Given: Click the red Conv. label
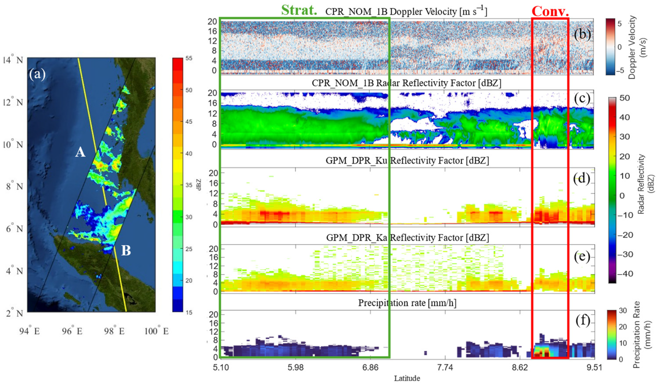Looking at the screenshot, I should (x=550, y=11).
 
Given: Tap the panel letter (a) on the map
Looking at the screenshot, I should (x=37, y=74).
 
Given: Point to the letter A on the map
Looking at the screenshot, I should (x=80, y=152).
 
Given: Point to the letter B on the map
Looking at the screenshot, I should (x=126, y=251).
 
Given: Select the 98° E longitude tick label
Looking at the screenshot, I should (x=114, y=332).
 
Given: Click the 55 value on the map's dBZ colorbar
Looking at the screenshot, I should (x=189, y=58).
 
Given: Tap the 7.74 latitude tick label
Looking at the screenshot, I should (x=445, y=368).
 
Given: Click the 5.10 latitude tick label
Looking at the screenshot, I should (x=221, y=368).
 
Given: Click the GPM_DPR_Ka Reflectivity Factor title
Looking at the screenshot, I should (x=407, y=238).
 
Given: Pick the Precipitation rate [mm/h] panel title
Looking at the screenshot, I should (x=407, y=303).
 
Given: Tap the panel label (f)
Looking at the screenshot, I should (x=582, y=321).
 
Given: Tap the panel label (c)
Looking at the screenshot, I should (x=582, y=98).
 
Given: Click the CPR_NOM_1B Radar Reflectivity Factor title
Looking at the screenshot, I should (x=406, y=83).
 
